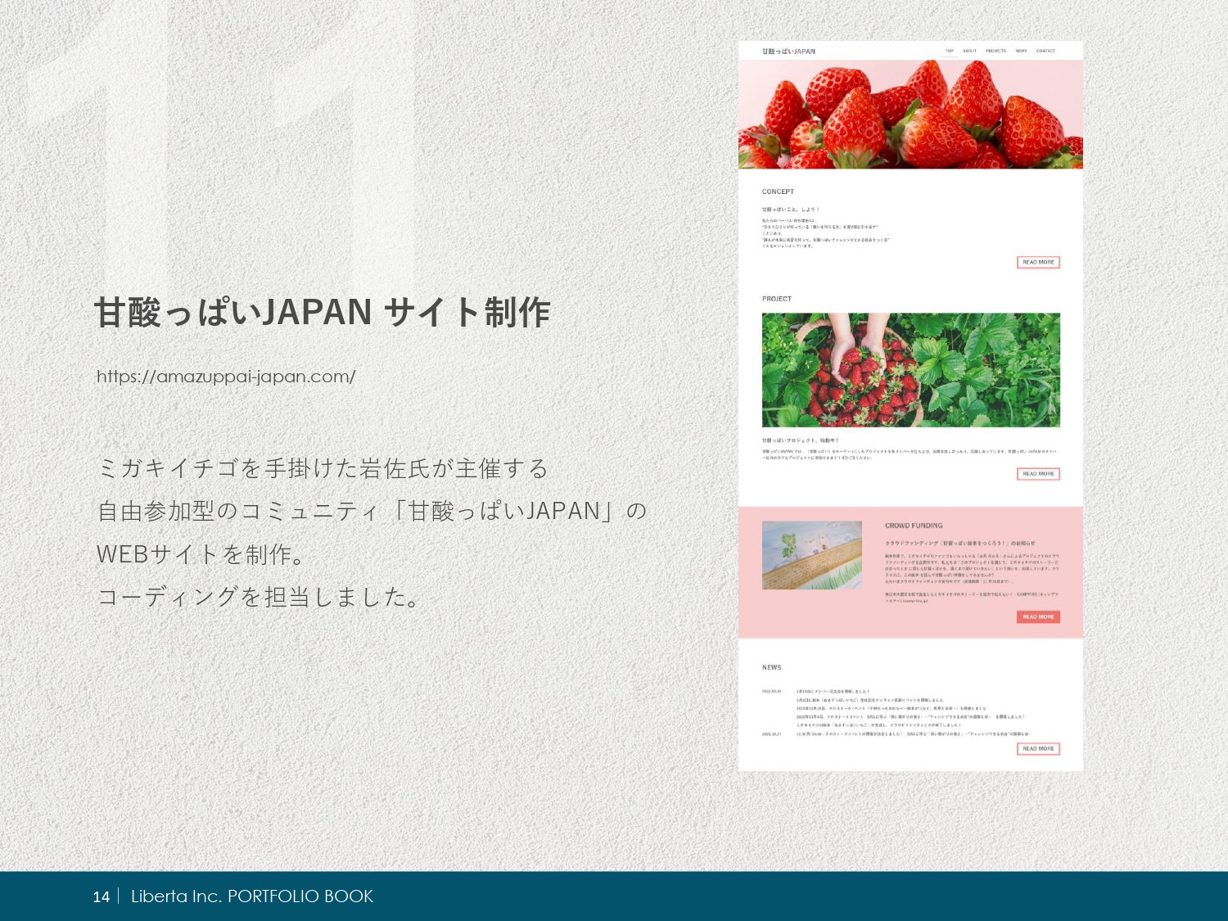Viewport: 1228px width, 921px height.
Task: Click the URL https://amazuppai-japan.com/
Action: (x=226, y=377)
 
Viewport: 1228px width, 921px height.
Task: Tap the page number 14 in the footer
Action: (x=101, y=896)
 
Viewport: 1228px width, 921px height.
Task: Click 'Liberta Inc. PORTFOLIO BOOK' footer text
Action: (x=252, y=896)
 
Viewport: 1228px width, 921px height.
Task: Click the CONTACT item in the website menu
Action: (x=1045, y=51)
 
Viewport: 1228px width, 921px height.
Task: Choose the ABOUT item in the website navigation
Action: (x=969, y=51)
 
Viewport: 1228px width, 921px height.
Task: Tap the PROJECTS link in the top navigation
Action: (x=995, y=51)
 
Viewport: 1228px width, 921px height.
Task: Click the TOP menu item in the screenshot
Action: (x=950, y=51)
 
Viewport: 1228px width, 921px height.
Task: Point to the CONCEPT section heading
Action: (x=778, y=192)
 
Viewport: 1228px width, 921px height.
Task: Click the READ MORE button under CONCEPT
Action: (x=1038, y=263)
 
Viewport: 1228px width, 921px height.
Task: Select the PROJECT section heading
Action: (x=777, y=299)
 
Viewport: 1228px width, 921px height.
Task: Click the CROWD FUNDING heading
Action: (x=914, y=526)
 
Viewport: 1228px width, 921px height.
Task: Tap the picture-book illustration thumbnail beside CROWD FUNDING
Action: (x=812, y=555)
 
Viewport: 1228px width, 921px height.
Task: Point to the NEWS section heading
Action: (x=771, y=667)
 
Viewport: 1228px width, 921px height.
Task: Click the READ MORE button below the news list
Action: (x=1038, y=749)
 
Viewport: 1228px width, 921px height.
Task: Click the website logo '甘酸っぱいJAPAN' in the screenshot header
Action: (x=788, y=52)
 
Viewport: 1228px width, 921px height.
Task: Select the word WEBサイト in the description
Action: (x=159, y=554)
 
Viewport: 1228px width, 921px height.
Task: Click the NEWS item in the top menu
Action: (x=1021, y=51)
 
